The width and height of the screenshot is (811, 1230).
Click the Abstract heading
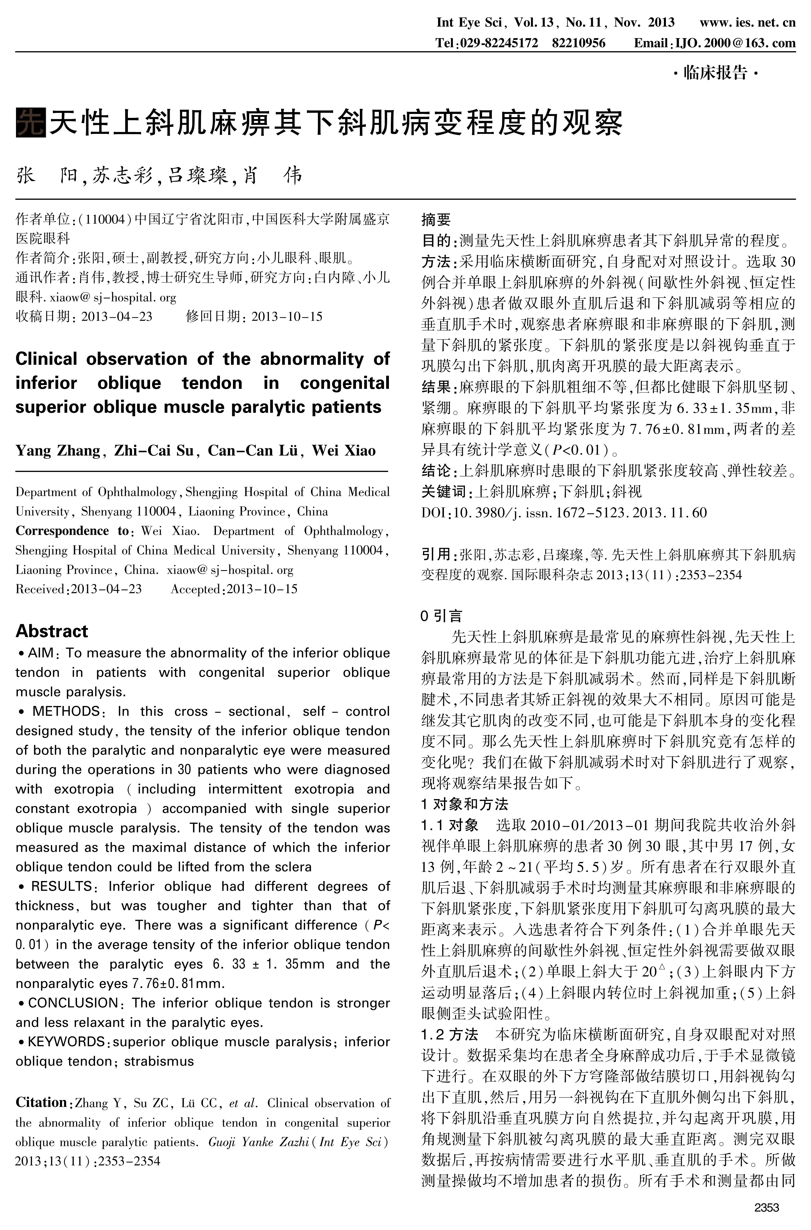(52, 631)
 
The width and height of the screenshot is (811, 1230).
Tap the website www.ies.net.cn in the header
(747, 22)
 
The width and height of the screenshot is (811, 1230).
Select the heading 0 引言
(441, 616)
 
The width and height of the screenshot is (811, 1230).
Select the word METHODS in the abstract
(66, 711)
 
